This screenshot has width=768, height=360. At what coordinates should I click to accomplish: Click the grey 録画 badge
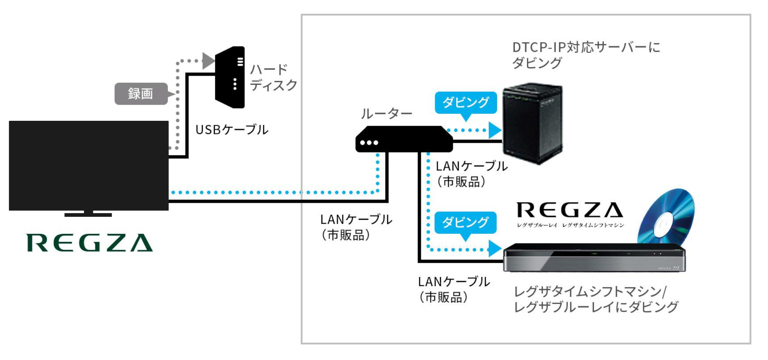pyautogui.click(x=141, y=94)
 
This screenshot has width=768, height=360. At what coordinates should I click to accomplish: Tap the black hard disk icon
pyautogui.click(x=230, y=77)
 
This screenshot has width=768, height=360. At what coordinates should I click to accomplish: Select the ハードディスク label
pyautogui.click(x=273, y=77)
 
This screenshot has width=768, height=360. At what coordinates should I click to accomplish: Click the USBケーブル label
pyautogui.click(x=232, y=130)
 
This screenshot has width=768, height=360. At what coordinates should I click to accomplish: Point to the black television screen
pyautogui.click(x=88, y=165)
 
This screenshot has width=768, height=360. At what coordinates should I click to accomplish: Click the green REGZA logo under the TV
pyautogui.click(x=90, y=243)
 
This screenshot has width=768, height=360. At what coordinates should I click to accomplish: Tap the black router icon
pyautogui.click(x=404, y=139)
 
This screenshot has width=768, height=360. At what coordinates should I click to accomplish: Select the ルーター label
pyautogui.click(x=386, y=114)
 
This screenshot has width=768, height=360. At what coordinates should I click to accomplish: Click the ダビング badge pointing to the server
pyautogui.click(x=466, y=102)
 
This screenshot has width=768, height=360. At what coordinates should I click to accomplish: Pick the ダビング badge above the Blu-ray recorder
pyautogui.click(x=465, y=222)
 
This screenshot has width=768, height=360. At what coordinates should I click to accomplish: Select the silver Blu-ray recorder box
pyautogui.click(x=594, y=258)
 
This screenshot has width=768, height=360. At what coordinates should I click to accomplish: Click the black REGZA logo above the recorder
pyautogui.click(x=570, y=210)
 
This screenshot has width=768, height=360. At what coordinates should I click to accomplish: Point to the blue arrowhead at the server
pyautogui.click(x=495, y=130)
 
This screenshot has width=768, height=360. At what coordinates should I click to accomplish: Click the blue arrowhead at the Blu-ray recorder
pyautogui.click(x=495, y=248)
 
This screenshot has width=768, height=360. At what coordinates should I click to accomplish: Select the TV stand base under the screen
pyautogui.click(x=88, y=215)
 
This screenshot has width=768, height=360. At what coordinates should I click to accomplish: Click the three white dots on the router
pyautogui.click(x=369, y=143)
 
